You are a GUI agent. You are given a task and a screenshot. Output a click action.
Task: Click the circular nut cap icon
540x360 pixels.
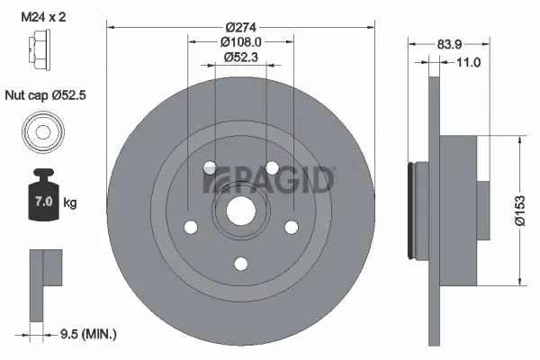point(41,133)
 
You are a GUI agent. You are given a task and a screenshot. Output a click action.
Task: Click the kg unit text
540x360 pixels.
point(70,203)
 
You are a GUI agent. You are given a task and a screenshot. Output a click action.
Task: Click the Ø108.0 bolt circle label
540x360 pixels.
point(240,40)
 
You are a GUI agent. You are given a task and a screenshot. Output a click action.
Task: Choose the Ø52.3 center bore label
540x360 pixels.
point(240,58)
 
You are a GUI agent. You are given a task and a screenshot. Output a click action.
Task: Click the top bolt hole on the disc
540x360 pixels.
point(209,167)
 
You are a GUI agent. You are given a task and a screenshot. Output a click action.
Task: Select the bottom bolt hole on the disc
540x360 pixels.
point(240,263)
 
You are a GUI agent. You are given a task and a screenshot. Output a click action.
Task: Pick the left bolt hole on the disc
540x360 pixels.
point(190,227)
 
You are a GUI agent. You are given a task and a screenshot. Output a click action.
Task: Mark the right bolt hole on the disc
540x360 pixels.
point(291,227)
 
